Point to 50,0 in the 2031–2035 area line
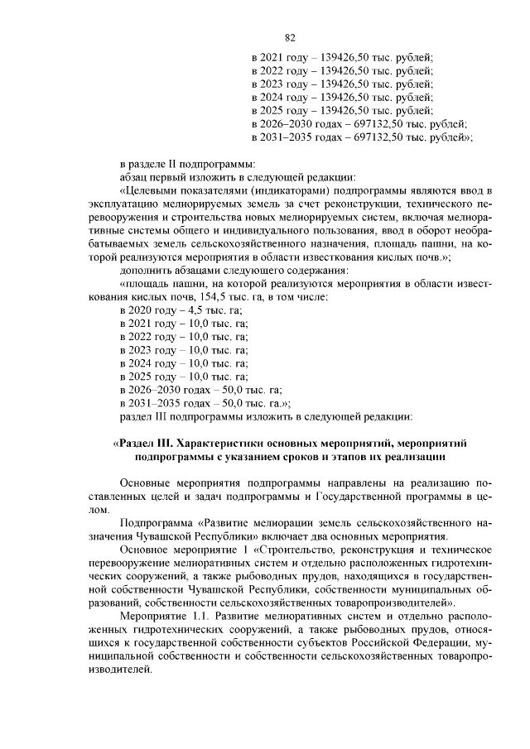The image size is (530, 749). [235, 402]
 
